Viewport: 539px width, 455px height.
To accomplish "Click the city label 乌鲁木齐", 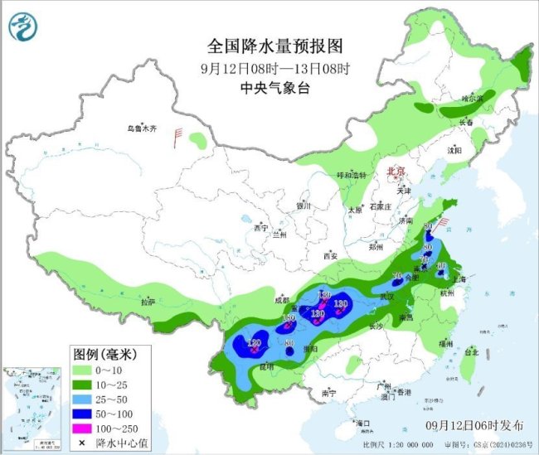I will pos(142,128).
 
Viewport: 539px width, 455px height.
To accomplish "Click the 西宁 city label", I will pos(262,227).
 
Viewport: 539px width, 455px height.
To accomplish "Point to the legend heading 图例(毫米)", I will pos(103,354).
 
